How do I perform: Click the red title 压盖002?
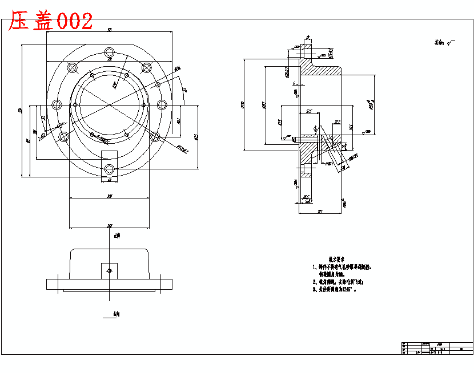(50, 21)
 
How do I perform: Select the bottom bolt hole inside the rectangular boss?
(109, 169)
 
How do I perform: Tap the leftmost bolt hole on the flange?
(57, 104)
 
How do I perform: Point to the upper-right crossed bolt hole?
(146, 68)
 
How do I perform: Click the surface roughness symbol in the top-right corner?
(443, 42)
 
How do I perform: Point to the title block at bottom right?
(437, 348)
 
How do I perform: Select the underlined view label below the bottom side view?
(117, 314)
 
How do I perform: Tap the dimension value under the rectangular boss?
(109, 180)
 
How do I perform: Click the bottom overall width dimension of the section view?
(320, 211)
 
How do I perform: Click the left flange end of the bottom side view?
(54, 283)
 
